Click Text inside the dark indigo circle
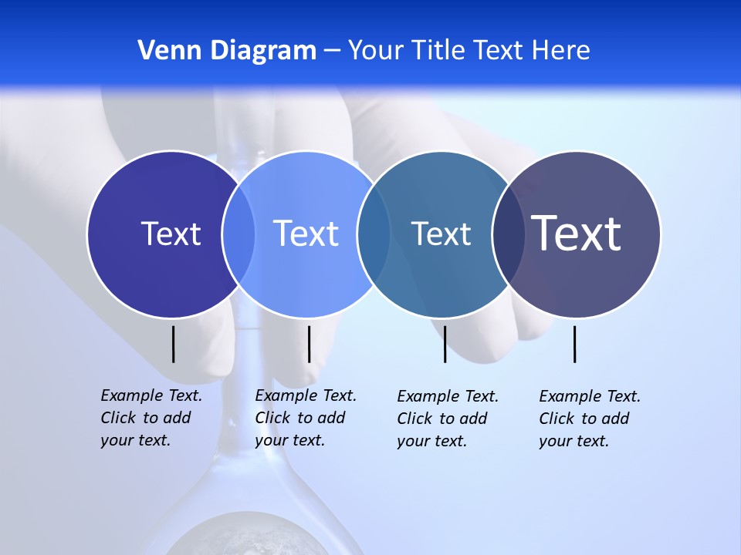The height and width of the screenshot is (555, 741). coord(171,234)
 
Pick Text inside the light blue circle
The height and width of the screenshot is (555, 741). coord(306,234)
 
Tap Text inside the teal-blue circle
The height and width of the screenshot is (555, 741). coord(441,234)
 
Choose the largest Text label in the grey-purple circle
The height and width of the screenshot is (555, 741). coord(577,234)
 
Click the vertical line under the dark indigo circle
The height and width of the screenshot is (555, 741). coord(173,344)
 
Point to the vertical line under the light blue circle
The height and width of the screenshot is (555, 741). coord(309,344)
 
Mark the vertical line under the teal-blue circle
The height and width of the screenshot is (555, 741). coord(445,344)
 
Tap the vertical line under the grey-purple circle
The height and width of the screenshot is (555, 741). coord(574,344)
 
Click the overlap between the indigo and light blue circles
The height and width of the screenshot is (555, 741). coord(239,234)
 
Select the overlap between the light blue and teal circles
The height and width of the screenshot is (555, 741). coord(374,234)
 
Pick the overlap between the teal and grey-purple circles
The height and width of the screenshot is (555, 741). coord(507,234)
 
